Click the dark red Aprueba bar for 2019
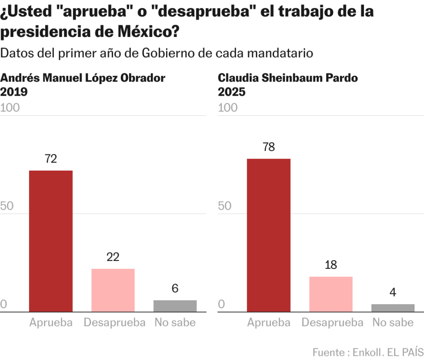point(51,241)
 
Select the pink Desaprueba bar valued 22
point(113,290)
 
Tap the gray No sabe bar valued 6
point(175,306)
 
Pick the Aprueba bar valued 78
point(269,235)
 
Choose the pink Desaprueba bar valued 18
point(331,294)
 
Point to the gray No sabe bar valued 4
point(393,308)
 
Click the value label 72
point(51,159)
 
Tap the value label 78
point(269,147)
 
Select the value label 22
point(113,257)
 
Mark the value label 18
point(331,265)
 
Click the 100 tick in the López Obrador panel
point(10,108)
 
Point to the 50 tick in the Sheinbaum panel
point(225,206)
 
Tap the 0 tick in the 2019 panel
point(4,304)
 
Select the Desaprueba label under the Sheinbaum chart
point(332,323)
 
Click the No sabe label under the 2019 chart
point(175,323)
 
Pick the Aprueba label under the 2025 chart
point(269,323)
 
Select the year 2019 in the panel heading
point(14,92)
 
